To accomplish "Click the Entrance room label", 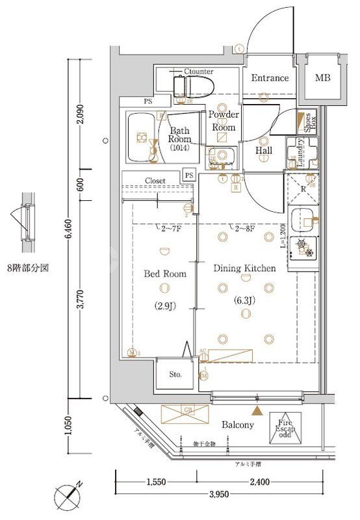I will tap(270, 78).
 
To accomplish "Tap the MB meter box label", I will tap(322, 78).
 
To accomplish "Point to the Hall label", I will tap(263, 151).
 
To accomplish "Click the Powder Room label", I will tap(224, 121).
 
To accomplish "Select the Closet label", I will tap(155, 181).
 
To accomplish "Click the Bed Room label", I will tap(164, 274).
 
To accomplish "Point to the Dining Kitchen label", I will tap(245, 268).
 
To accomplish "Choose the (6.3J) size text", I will tap(245, 300).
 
